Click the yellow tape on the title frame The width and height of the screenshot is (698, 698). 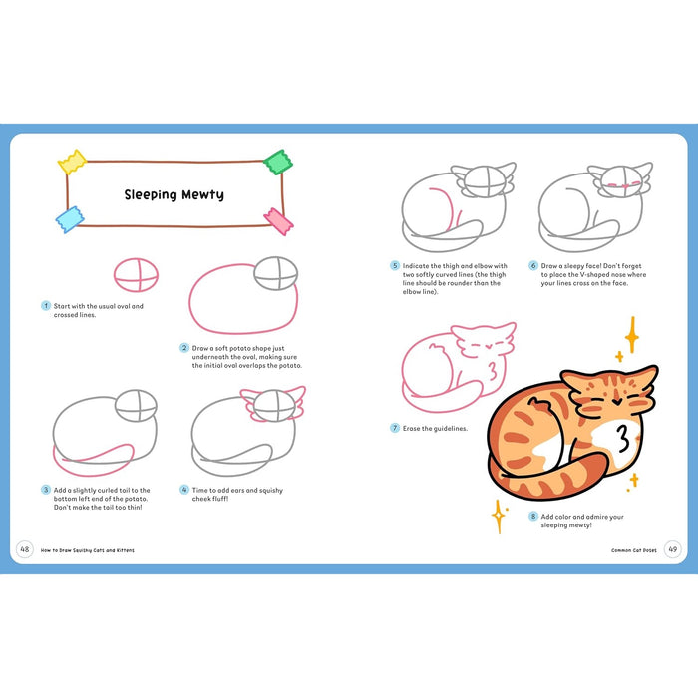72,161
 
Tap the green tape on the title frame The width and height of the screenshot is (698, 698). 276,161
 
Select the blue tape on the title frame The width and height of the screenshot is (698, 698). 70,220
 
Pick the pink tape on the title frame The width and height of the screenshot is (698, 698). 277,221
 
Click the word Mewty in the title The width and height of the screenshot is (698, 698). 201,194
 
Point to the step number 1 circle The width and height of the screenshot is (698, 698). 45,306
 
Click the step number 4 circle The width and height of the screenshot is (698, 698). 184,490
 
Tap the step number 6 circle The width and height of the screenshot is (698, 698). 533,266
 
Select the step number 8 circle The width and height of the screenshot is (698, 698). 533,517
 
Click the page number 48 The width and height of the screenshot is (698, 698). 24,549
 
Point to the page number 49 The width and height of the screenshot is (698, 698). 672,549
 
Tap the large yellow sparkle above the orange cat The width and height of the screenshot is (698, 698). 630,334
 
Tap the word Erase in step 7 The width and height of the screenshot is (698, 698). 413,428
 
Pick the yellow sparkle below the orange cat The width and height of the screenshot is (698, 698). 496,516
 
